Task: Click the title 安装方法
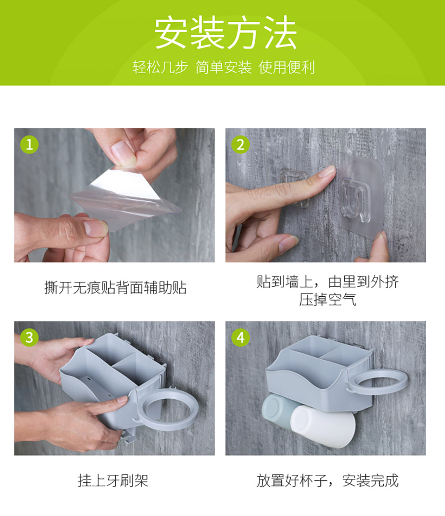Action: [x=225, y=33]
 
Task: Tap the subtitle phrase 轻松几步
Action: [x=160, y=67]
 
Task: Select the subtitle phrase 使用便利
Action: [x=286, y=67]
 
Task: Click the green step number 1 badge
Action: [x=29, y=144]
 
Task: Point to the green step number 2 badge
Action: [x=240, y=144]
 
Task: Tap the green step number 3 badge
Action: [x=29, y=337]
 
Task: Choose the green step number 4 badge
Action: [x=240, y=337]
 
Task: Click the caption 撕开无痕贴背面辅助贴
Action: [x=115, y=287]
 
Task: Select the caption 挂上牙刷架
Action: [x=113, y=480]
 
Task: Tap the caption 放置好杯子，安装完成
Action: [x=327, y=480]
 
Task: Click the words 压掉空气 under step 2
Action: [x=328, y=299]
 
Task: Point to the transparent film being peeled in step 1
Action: [x=125, y=197]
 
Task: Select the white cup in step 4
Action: [x=323, y=426]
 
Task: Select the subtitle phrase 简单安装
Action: [x=223, y=67]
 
